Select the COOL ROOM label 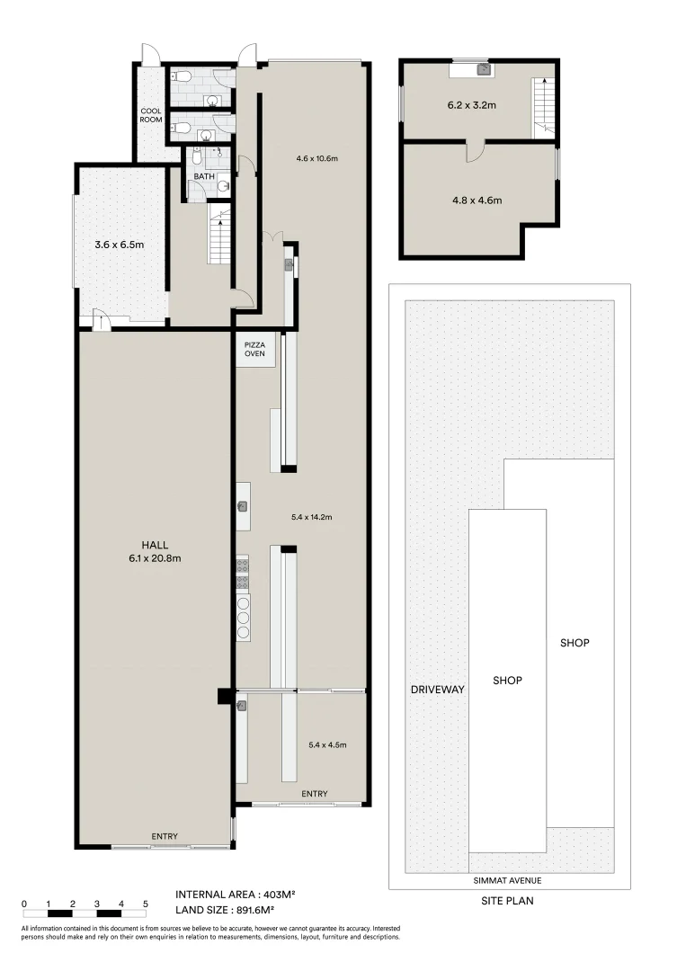click(x=149, y=116)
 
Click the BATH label click(x=203, y=176)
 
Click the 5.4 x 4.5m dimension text click(x=326, y=744)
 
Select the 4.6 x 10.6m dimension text click(x=316, y=158)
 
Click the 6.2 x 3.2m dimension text click(x=472, y=105)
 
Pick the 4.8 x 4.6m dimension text click(x=477, y=200)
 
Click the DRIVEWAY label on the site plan click(x=437, y=690)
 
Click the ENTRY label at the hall click(x=165, y=836)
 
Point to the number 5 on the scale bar click(x=146, y=903)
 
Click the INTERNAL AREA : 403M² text click(x=236, y=895)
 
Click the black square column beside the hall click(x=223, y=696)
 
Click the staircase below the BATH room click(x=219, y=234)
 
